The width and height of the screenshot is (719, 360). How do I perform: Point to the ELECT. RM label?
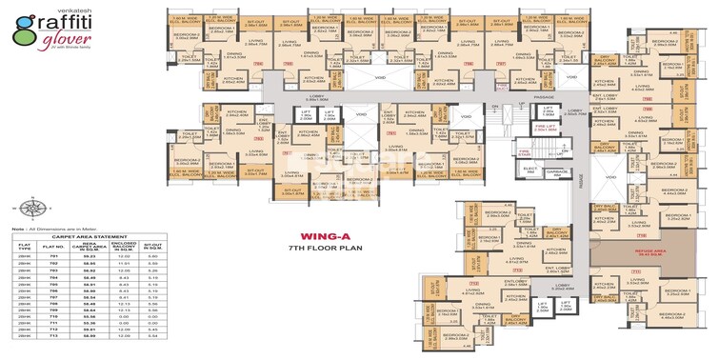pyautogui.click(x=529, y=171)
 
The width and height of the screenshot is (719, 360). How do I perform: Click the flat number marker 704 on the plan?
pyautogui.click(x=259, y=65)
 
